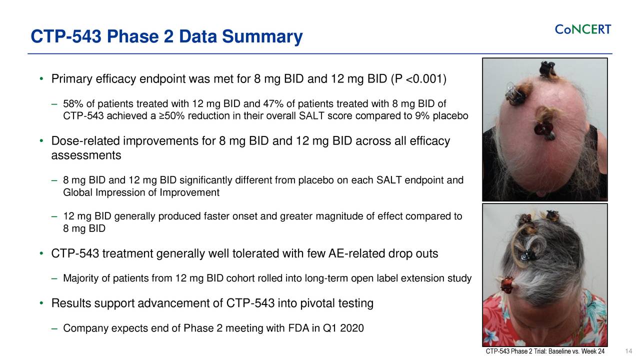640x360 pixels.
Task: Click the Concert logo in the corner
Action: tap(583, 29)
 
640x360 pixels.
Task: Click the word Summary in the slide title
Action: tap(262, 36)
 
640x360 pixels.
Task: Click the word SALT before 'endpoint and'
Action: tap(389, 180)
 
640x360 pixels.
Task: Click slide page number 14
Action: tap(628, 351)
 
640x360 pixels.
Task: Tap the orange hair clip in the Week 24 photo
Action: tap(507, 285)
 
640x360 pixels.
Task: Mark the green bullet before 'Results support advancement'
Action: tap(41, 303)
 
